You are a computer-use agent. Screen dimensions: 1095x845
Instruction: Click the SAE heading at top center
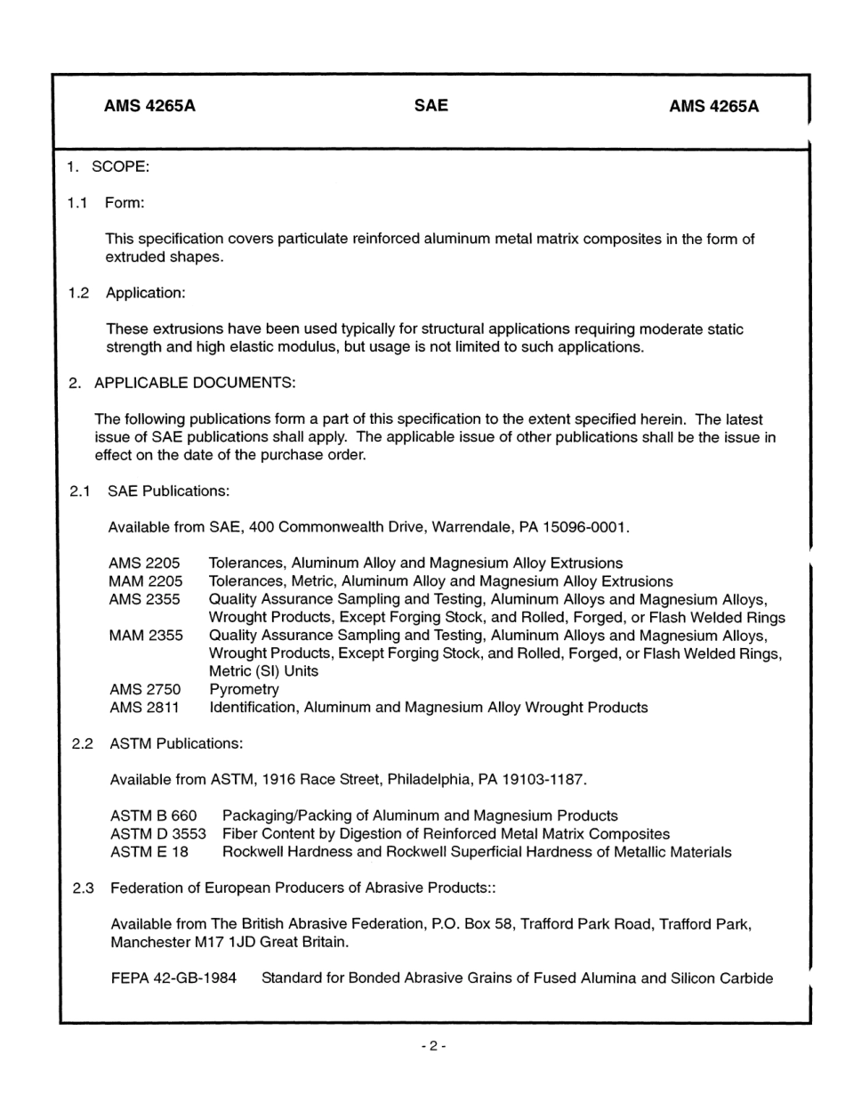431,106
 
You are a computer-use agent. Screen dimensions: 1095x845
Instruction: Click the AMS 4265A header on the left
149,107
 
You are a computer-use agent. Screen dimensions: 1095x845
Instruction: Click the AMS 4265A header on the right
713,107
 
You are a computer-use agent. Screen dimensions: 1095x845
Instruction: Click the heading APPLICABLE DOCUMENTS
195,383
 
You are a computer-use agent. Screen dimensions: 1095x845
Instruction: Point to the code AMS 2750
144,689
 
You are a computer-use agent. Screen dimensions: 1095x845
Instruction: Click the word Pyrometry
244,689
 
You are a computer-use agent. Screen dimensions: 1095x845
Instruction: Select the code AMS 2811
144,708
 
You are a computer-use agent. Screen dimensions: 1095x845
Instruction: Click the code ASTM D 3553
157,834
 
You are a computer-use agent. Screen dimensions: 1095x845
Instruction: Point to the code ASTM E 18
149,852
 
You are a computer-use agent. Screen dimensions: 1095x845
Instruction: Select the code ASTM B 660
153,815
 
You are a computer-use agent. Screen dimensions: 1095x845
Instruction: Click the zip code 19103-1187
544,780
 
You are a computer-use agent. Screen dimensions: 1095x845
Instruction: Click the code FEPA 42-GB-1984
173,978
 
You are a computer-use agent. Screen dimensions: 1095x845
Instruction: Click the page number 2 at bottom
433,1047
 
